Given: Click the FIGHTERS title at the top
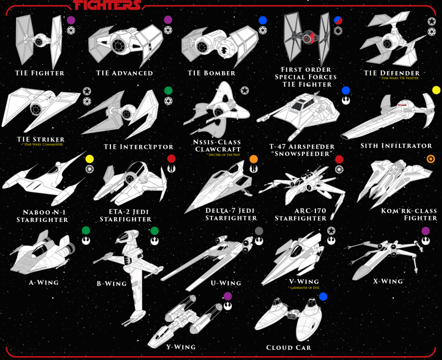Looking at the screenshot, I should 108,5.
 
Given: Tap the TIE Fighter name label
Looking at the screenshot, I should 39,73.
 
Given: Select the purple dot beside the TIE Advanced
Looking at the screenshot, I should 168,20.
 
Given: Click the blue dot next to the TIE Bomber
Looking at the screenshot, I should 263,20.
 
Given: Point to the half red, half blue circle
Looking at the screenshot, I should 338,20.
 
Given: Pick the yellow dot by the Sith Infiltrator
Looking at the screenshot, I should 436,90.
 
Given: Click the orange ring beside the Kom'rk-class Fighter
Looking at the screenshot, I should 430,158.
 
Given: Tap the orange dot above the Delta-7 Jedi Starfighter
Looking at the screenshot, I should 253,159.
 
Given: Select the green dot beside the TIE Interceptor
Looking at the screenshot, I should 168,91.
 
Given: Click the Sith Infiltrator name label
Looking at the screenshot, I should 396,146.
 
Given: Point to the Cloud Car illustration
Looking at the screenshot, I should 291,317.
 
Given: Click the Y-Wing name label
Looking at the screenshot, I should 181,347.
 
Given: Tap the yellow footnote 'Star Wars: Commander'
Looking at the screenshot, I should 43,144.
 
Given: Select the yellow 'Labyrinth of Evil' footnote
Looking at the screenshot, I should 303,287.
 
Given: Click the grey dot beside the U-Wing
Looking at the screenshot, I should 259,230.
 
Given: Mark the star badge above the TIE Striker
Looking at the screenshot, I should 87,91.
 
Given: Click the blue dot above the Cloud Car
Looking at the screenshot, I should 323,297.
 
